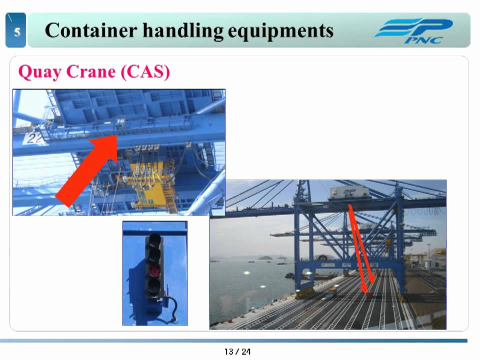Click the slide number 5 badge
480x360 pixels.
[16, 31]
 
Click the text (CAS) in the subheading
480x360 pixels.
[145, 72]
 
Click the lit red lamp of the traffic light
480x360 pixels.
[154, 271]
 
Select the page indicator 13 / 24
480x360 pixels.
[237, 351]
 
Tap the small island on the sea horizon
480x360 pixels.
[264, 258]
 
